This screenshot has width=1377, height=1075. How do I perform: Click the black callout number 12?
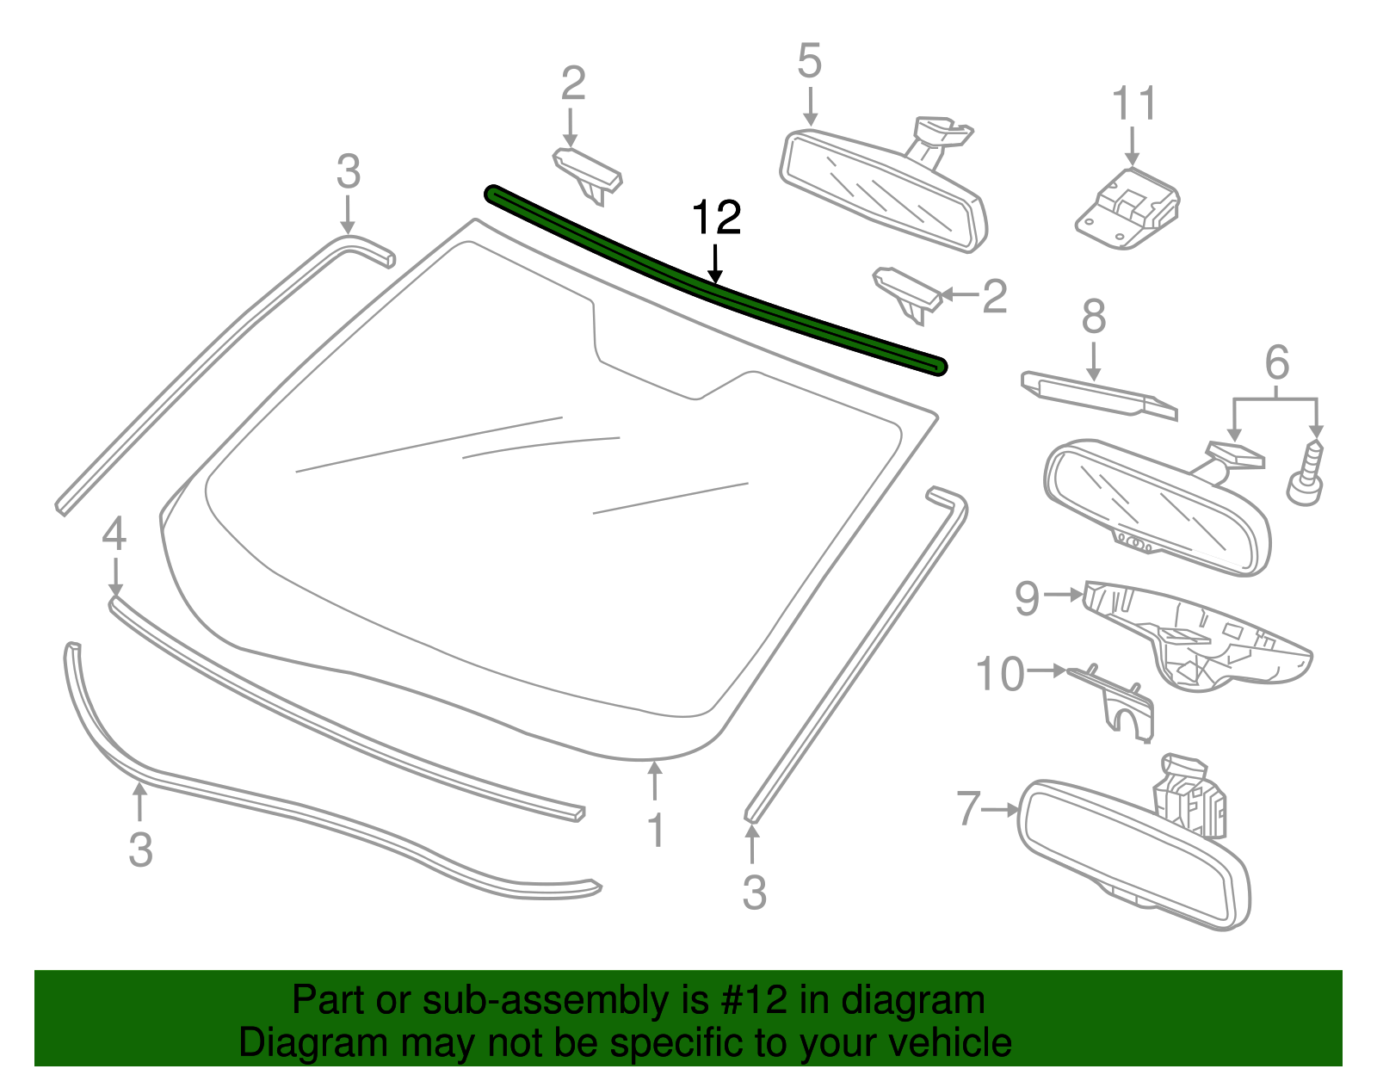click(716, 219)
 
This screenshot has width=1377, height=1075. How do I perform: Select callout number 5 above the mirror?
click(809, 62)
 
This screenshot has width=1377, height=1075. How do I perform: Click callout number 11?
click(1133, 104)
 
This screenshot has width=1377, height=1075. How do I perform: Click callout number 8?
click(1093, 317)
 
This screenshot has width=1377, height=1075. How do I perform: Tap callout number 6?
click(1276, 362)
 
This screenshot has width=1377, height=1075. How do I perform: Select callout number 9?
click(1028, 598)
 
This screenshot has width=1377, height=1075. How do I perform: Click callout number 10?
click(1000, 674)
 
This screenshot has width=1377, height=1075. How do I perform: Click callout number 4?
click(114, 534)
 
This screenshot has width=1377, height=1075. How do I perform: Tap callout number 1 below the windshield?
click(656, 831)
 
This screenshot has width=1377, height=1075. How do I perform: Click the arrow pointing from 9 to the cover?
click(1064, 595)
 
